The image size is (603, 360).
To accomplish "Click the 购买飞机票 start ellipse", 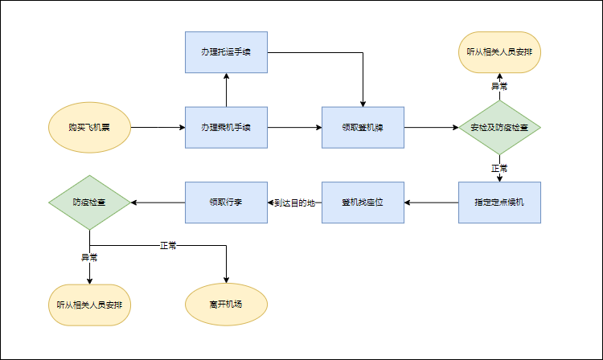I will (88, 128).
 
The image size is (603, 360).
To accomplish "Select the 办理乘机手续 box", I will (226, 128).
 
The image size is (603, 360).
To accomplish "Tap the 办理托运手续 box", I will (226, 53).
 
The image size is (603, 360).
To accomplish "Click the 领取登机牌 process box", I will (363, 128).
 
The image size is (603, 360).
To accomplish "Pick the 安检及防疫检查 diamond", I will (499, 128).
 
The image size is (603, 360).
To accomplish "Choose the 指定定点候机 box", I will (499, 202).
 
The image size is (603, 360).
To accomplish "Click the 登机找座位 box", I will (363, 202).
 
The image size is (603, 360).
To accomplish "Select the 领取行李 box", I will (226, 202).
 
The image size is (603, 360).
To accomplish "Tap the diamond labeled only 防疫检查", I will (89, 202).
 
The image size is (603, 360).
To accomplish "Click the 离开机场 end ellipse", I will (226, 305).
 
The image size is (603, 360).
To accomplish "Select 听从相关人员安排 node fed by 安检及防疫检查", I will (499, 53).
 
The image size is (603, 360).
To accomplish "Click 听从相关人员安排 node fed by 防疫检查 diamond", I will (89, 305).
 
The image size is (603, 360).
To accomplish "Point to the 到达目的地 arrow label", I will (294, 202).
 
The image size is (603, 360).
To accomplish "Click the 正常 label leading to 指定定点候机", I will (499, 169).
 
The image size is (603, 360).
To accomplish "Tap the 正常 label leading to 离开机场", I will (168, 245).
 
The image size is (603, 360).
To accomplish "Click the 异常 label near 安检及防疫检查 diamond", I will (499, 86).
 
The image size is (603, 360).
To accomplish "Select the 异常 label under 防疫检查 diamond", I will (89, 257).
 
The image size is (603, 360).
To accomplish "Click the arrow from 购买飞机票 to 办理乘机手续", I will (157, 128).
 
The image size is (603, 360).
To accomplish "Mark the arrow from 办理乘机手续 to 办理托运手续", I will (226, 90).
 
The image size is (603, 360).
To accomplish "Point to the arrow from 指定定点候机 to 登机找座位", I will (431, 202).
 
